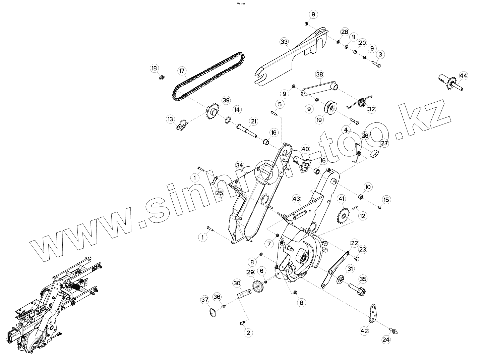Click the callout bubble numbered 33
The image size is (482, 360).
click(284, 42)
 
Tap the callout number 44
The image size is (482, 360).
click(463, 75)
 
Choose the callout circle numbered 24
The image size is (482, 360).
click(386, 339)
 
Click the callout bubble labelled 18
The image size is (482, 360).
click(154, 68)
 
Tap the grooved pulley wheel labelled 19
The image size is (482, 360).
click(332, 108)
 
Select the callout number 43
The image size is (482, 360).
click(296, 199)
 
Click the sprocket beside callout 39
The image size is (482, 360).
click(213, 112)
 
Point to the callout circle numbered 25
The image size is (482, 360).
click(220, 193)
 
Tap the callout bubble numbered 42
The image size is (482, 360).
click(364, 331)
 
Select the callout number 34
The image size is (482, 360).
click(239, 165)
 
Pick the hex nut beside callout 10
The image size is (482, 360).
click(361, 196)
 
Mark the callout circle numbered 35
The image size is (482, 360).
click(363, 278)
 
